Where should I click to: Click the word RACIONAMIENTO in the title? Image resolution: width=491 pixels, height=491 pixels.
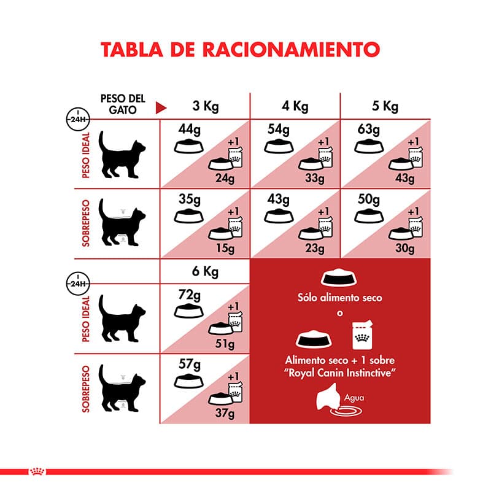[x=291, y=50]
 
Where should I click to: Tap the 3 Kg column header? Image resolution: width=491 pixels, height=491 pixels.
[x=206, y=106]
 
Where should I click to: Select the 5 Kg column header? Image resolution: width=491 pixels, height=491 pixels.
[x=385, y=106]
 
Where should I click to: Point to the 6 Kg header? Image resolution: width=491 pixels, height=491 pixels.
[x=205, y=271]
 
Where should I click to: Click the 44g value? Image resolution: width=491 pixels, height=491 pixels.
[x=190, y=129]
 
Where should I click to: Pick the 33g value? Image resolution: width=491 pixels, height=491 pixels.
[x=315, y=178]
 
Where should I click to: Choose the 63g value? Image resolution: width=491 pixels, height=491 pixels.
[x=369, y=129]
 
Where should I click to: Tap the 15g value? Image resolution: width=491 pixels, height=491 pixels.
[x=225, y=249]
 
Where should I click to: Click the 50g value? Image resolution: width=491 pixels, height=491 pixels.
[x=369, y=199]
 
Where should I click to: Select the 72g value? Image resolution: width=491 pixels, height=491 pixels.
[x=190, y=295]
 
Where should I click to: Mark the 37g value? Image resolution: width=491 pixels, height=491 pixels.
[x=225, y=413]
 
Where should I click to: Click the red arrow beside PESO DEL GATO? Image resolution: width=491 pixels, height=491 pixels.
[x=161, y=108]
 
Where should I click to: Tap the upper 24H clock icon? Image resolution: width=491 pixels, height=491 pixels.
[x=78, y=119]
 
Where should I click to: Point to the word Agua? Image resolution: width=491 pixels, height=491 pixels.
[x=354, y=398]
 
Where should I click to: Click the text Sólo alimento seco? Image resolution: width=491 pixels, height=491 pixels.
[x=340, y=298]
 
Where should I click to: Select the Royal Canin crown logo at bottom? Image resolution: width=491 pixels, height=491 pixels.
[x=37, y=471]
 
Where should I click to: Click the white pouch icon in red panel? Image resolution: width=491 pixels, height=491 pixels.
[x=362, y=334]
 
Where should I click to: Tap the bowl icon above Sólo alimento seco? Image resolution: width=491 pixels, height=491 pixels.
[x=339, y=277]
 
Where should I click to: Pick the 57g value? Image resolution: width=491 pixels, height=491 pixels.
[x=190, y=364]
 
